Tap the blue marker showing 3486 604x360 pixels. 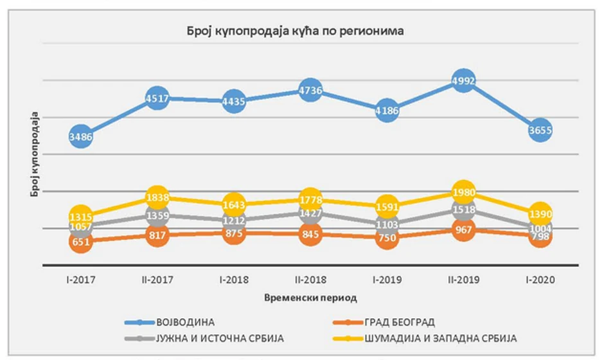(81, 136)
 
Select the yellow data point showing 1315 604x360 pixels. (81, 217)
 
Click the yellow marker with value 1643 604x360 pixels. (233, 205)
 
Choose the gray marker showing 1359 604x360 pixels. (157, 216)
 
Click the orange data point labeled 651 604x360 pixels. (81, 242)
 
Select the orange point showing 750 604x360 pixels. (386, 239)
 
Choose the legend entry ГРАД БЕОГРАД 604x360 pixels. (403, 321)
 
